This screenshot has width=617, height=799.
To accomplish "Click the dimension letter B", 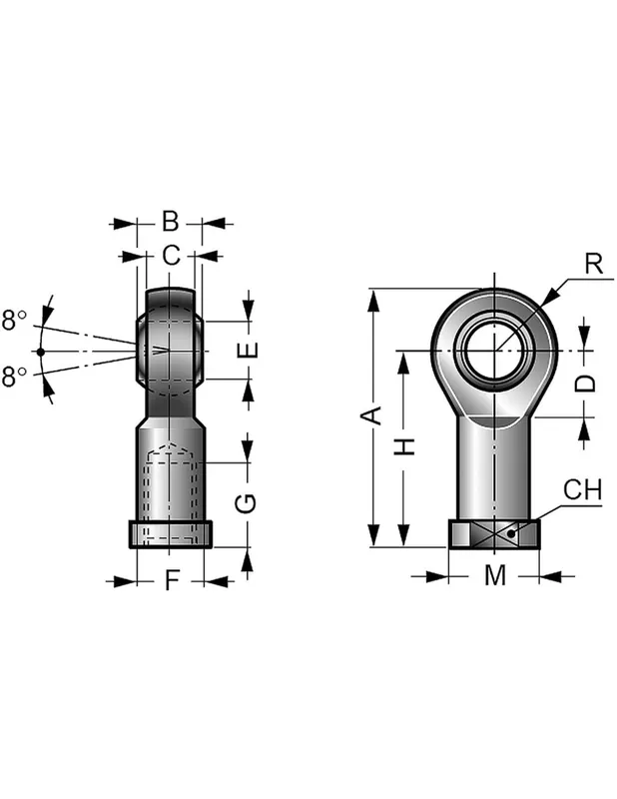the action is tap(170, 222).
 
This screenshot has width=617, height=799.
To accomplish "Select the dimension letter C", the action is tap(171, 255).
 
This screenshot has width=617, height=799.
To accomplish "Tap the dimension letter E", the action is tap(248, 350).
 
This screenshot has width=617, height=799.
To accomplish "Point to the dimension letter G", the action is tap(246, 504).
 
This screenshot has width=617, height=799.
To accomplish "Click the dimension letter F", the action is tap(173, 580).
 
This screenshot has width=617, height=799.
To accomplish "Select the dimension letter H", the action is tap(405, 446).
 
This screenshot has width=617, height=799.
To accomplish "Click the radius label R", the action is tap(594, 264).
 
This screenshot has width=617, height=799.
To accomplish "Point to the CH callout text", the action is tap(582, 489).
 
